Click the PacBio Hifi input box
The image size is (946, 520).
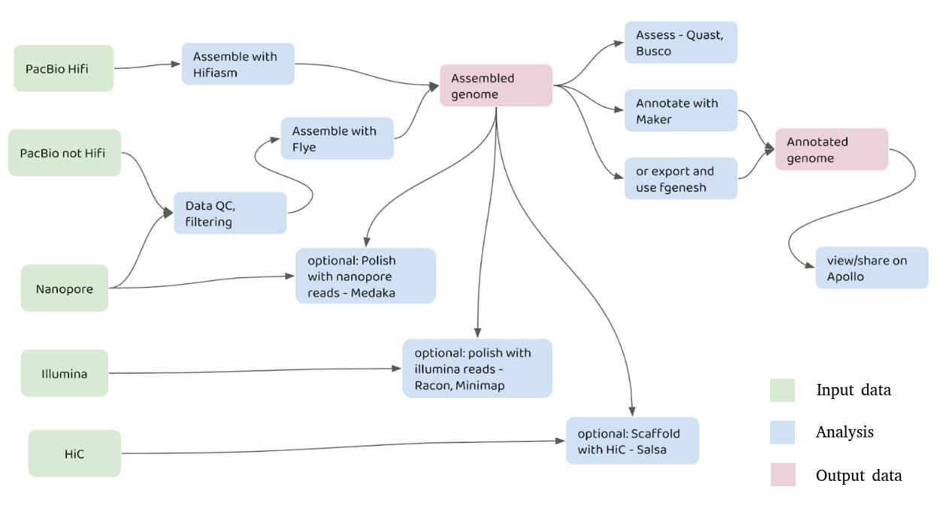point(64,68)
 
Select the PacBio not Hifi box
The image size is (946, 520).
point(64,153)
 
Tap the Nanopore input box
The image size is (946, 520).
point(64,289)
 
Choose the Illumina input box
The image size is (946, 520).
point(64,373)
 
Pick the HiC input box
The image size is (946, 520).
point(74,453)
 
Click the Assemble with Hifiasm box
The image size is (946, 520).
point(238,65)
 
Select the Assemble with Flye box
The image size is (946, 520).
point(337,138)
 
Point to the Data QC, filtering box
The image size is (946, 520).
point(230,213)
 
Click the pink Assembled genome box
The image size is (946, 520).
point(496,86)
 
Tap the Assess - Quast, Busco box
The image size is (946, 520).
point(681,43)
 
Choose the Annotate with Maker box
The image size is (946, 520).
point(681,111)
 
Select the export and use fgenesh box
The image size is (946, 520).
point(681,179)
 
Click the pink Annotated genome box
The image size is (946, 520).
point(832,150)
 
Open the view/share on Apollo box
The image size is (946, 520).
point(872,268)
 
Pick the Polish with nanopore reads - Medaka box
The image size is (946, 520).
point(365,276)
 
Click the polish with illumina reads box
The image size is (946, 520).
point(477,368)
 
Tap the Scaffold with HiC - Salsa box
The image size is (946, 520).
point(632,441)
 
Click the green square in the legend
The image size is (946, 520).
point(782,390)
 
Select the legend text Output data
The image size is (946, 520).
point(858,476)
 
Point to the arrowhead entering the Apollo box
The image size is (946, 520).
point(811,268)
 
